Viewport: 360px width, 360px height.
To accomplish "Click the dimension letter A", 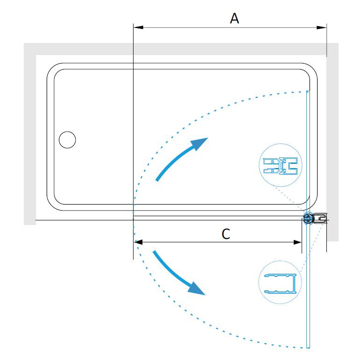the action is [234, 18].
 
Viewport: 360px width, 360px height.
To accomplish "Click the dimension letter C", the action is [226, 234].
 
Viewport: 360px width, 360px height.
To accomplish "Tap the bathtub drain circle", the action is [67, 140].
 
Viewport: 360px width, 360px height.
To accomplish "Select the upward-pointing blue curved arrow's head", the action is [200, 143].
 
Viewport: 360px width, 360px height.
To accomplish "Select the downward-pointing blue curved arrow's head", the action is [197, 289].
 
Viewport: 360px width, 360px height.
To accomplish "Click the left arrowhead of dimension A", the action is [138, 28].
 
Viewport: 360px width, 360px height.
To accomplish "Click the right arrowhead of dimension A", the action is [321, 28].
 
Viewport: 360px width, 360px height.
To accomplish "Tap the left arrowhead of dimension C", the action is [138, 242].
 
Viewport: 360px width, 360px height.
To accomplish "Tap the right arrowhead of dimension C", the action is [297, 242].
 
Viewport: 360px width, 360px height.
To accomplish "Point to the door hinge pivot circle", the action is [308, 218].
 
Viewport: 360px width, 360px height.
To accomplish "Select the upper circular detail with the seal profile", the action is [280, 165].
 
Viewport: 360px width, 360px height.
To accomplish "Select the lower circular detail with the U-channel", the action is [280, 282].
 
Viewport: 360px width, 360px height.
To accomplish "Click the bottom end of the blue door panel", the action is [308, 347].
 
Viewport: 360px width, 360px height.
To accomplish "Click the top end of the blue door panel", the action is [308, 92].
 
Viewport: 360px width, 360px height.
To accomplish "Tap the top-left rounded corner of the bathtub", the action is [52, 68].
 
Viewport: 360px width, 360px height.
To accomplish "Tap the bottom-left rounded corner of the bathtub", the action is [52, 205].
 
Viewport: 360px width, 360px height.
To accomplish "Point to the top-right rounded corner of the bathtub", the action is [312, 68].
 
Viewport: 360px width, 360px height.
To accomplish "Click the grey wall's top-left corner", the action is [24, 43].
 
